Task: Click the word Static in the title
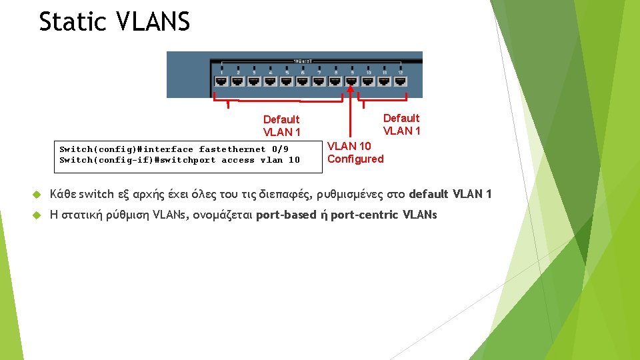click(x=73, y=21)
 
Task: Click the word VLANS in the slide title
click(x=153, y=21)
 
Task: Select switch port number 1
click(x=221, y=81)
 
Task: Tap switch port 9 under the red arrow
click(x=351, y=81)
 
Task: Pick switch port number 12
click(x=401, y=81)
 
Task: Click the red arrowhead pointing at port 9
click(x=351, y=89)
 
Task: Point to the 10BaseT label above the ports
click(x=303, y=62)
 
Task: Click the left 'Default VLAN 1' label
click(x=281, y=125)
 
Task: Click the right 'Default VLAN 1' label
click(x=401, y=124)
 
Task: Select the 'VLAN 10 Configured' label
click(x=355, y=152)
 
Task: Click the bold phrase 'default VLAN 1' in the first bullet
click(x=450, y=195)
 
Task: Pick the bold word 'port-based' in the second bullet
click(x=286, y=215)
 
